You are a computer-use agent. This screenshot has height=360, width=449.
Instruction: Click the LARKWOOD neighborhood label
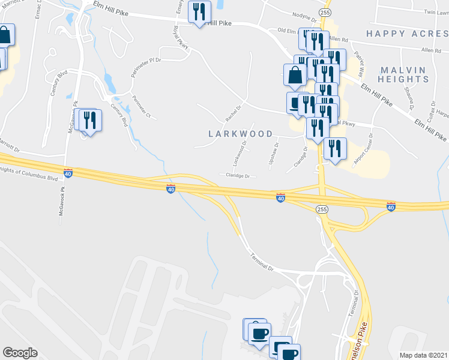pyautogui.click(x=240, y=134)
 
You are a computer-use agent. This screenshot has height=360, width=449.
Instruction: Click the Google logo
pyautogui.click(x=20, y=352)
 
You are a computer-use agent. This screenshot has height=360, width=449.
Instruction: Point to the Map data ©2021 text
pyautogui.click(x=423, y=355)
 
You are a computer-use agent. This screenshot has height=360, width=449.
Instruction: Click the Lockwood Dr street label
pyautogui.click(x=240, y=155)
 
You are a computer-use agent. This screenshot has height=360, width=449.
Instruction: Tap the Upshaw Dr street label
pyautogui.click(x=274, y=154)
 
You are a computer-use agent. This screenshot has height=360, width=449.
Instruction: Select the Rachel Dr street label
pyautogui.click(x=232, y=110)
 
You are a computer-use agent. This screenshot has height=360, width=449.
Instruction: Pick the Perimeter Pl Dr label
pyautogui.click(x=146, y=67)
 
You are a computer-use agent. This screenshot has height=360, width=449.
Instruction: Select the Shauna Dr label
pyautogui.click(x=411, y=100)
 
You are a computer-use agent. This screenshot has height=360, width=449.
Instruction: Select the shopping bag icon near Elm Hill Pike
pyautogui.click(x=295, y=76)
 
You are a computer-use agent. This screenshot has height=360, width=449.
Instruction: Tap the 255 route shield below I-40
pyautogui.click(x=321, y=208)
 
